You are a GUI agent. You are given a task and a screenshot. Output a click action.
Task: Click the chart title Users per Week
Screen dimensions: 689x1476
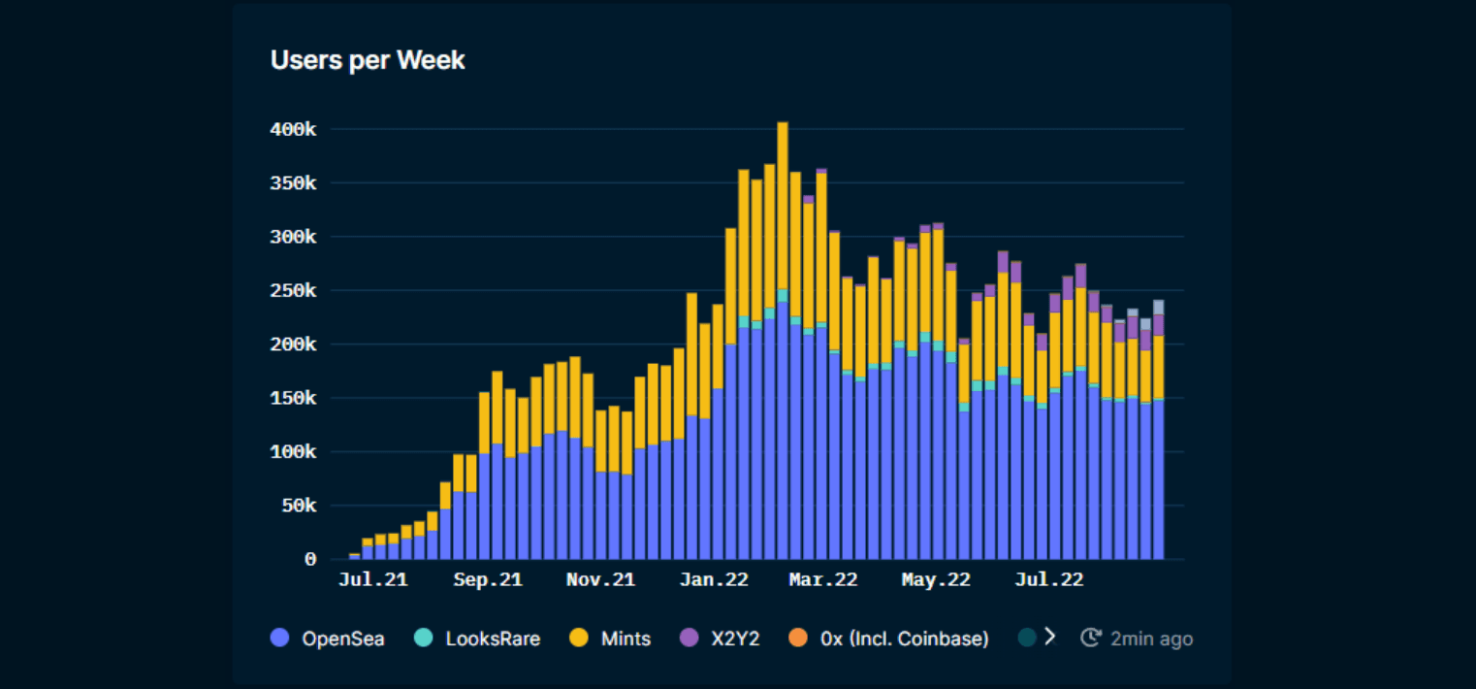click(368, 60)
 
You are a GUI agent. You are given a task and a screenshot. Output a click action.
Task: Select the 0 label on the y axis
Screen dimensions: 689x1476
click(310, 560)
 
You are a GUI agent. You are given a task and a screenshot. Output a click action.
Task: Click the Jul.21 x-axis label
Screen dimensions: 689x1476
click(373, 580)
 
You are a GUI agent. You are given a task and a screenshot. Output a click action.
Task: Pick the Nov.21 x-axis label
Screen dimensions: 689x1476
click(600, 580)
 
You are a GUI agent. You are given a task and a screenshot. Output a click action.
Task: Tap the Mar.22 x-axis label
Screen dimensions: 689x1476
click(823, 580)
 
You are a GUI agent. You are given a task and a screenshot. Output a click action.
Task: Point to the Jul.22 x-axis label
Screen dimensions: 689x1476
click(1049, 580)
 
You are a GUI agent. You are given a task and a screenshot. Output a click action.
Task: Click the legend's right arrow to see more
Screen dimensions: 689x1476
click(1048, 638)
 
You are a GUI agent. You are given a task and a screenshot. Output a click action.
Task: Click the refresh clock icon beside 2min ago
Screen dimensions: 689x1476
click(1091, 639)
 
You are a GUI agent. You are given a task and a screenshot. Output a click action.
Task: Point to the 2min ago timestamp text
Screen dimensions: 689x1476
click(1151, 639)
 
